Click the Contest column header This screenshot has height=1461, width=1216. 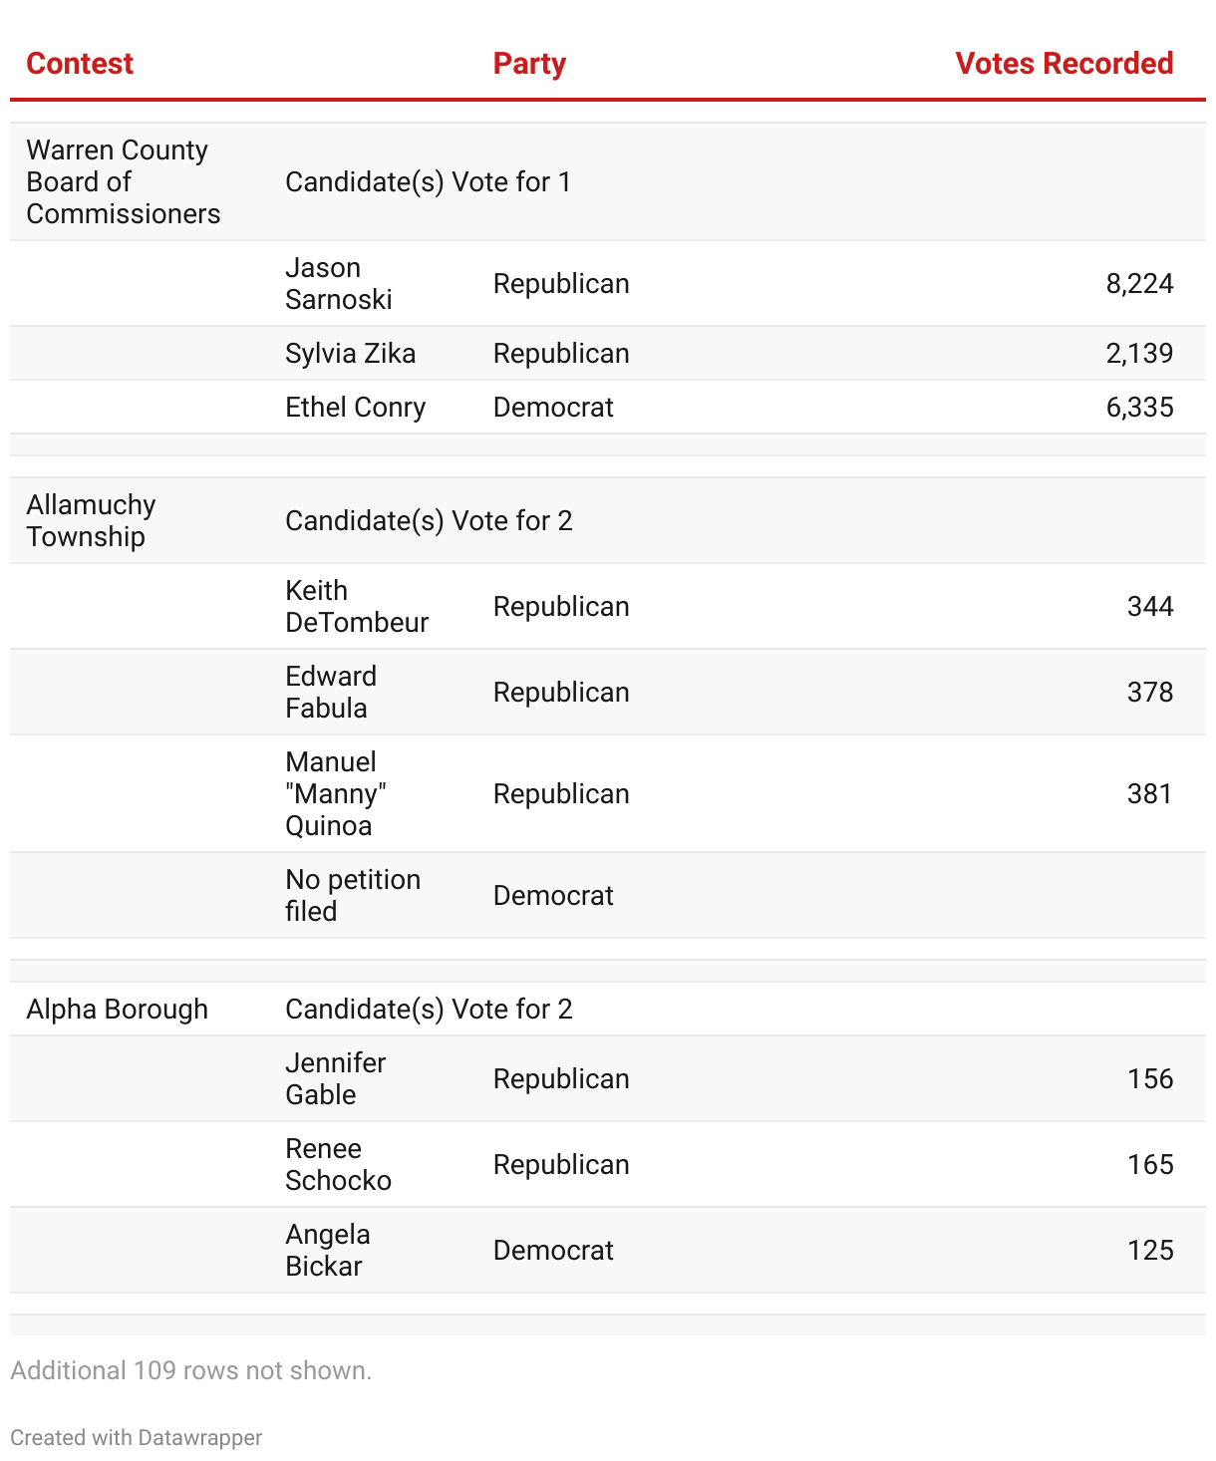80,64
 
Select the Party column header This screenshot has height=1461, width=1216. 529,64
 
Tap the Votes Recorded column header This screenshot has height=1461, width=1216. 1064,64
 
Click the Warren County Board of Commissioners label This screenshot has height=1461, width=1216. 123,182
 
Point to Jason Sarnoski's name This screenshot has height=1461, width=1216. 338,284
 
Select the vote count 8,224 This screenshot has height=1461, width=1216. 1139,284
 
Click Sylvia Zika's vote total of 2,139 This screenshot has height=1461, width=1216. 1139,354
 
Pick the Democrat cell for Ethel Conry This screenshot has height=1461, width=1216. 553,408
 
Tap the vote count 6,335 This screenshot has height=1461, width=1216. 1139,408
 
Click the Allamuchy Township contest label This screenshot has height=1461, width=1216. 91,521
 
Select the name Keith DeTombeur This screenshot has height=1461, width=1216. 356,607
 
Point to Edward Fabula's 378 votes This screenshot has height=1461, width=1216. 1150,693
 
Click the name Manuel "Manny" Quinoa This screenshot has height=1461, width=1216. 335,794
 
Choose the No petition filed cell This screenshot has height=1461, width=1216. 352,896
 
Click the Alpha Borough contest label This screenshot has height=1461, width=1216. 117,1010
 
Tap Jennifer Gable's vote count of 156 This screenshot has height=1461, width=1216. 1150,1079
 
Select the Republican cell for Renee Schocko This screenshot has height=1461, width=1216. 561,1165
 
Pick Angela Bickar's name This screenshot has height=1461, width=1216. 327,1251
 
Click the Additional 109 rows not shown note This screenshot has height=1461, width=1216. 190,1371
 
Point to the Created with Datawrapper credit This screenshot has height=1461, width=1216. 137,1438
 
